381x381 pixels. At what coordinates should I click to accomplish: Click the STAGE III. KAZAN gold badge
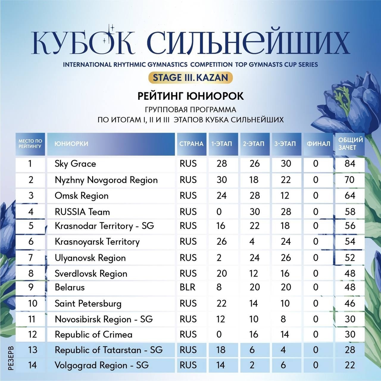190,78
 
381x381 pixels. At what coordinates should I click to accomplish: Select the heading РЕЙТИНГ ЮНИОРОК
190,96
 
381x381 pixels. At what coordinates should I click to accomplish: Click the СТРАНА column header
191,144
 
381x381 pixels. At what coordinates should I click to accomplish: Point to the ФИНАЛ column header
318,144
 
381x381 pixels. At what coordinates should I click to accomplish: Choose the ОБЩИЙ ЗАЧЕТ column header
350,143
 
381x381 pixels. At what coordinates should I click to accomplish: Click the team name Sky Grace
75,164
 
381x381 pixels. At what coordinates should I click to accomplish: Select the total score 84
350,164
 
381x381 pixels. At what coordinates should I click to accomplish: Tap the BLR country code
188,287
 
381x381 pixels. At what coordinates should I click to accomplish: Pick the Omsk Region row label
82,196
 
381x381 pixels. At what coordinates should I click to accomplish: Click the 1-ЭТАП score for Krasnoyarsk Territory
221,241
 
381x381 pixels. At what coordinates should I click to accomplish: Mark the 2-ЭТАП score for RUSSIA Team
254,212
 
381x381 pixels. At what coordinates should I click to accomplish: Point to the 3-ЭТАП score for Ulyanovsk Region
285,258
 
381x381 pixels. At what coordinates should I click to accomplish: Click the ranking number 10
32,304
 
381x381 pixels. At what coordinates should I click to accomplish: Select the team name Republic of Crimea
93,335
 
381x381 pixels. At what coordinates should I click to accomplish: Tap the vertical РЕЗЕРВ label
11,357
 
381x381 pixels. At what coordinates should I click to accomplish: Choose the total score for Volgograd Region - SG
350,365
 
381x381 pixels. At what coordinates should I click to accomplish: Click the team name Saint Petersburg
88,304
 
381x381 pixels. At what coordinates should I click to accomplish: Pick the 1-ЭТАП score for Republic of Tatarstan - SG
221,350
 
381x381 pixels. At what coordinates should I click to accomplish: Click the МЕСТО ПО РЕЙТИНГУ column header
30,144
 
